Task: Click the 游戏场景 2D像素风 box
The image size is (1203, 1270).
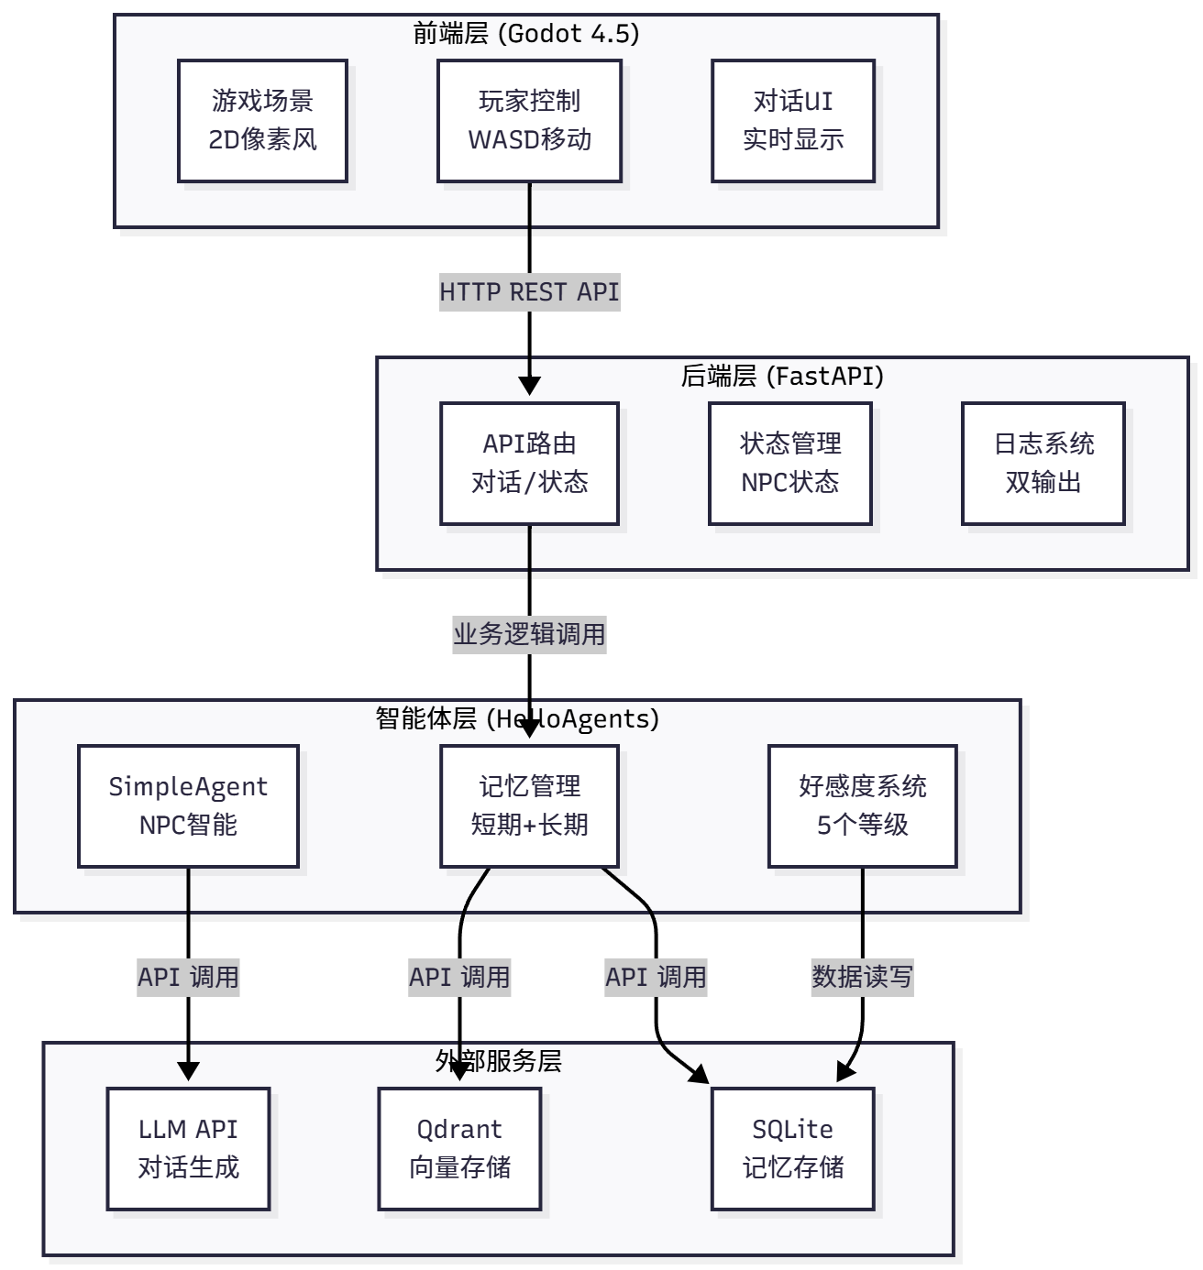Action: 262,121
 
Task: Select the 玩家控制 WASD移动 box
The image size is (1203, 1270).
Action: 529,121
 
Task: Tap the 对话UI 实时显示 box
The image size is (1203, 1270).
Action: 793,121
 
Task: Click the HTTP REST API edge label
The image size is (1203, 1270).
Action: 529,292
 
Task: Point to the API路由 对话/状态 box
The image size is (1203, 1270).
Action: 529,464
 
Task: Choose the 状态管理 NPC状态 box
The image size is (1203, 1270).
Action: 789,464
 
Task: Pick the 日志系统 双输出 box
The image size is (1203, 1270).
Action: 1043,464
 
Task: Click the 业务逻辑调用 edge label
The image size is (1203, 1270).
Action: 529,634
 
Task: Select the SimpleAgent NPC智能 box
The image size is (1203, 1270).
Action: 188,806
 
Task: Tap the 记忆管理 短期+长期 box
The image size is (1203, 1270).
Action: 529,806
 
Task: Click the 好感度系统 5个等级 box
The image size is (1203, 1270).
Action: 862,806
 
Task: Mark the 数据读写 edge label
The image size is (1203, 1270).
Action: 862,977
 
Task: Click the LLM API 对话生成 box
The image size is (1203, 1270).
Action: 188,1149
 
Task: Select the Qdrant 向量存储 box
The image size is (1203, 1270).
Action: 459,1149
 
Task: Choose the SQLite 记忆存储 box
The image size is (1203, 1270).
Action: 793,1149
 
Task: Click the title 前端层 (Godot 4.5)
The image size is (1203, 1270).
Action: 526,34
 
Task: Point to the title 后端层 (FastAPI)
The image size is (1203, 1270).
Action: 782,377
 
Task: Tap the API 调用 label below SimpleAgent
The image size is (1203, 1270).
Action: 188,977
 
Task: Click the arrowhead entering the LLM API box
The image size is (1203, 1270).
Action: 188,1071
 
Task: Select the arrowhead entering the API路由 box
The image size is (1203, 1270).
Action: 529,386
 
